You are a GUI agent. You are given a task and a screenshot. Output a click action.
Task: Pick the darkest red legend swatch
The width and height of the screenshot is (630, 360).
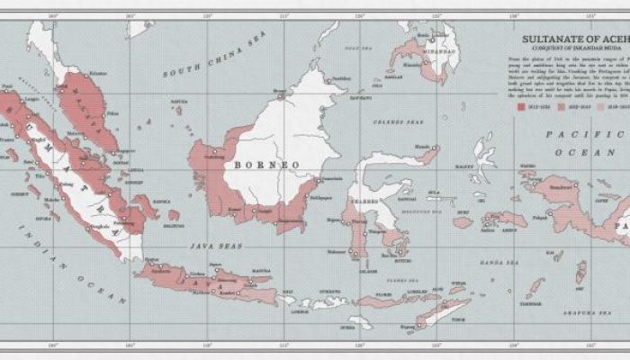[521, 105]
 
